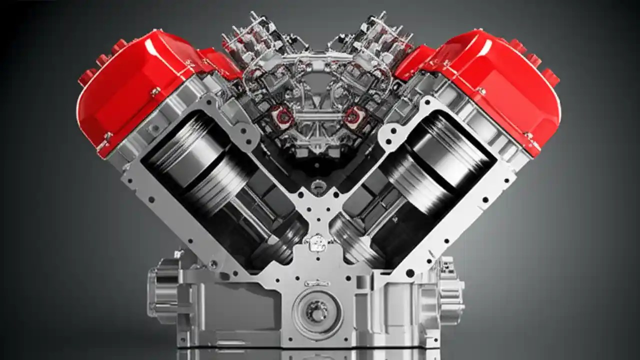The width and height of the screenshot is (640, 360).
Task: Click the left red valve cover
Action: point(135,85)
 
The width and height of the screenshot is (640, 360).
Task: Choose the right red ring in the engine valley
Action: point(354,115)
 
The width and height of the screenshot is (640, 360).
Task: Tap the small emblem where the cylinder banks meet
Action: point(317,243)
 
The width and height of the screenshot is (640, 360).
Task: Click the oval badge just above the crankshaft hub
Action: point(317,283)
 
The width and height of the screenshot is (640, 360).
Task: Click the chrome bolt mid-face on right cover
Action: point(481,91)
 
